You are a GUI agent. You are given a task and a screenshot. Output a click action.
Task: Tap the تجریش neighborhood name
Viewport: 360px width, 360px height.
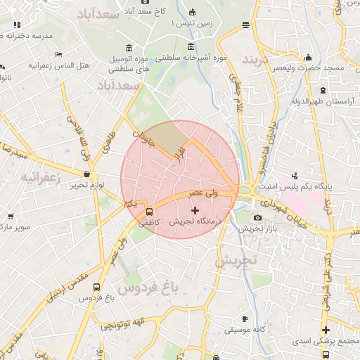237,261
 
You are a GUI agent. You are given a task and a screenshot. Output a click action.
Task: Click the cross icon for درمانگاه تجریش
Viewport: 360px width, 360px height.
195,210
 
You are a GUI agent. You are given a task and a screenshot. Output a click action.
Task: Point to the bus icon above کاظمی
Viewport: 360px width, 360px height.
149,212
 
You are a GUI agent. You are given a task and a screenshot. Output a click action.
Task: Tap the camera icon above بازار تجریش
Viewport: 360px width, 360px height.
257,218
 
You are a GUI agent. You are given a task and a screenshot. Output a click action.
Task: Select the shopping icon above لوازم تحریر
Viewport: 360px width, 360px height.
86,174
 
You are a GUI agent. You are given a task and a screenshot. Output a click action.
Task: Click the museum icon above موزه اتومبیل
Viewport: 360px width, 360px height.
129,47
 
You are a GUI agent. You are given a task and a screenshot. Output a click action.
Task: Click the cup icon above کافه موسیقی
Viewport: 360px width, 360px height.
244,319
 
